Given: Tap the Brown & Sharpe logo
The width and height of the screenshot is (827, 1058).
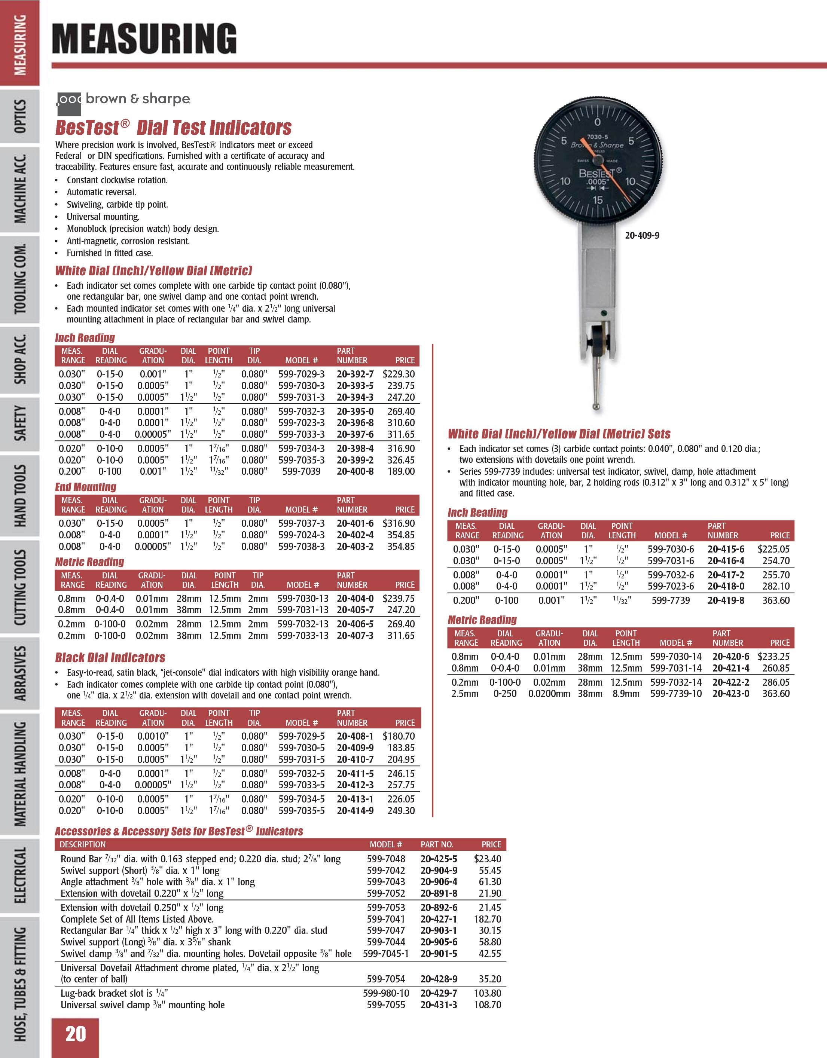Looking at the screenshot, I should [x=123, y=99].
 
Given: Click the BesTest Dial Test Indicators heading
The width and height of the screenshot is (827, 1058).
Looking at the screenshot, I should [x=173, y=128].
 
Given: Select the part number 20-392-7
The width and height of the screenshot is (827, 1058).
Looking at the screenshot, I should [x=355, y=374].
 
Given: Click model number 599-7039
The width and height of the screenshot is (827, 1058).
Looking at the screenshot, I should [x=301, y=471].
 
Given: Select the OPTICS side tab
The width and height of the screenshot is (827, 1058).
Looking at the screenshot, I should [x=20, y=116].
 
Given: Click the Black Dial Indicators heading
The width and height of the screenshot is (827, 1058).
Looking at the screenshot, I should [x=110, y=657].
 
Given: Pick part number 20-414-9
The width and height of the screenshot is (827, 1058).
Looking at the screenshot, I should [x=355, y=810].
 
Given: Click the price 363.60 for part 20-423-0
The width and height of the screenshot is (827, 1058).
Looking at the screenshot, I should [x=776, y=694].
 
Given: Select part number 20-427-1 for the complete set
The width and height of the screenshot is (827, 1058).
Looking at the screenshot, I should [x=439, y=919].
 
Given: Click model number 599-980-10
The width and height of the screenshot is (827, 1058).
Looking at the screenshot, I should [x=386, y=993].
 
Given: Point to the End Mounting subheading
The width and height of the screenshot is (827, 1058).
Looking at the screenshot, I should [x=86, y=487].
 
